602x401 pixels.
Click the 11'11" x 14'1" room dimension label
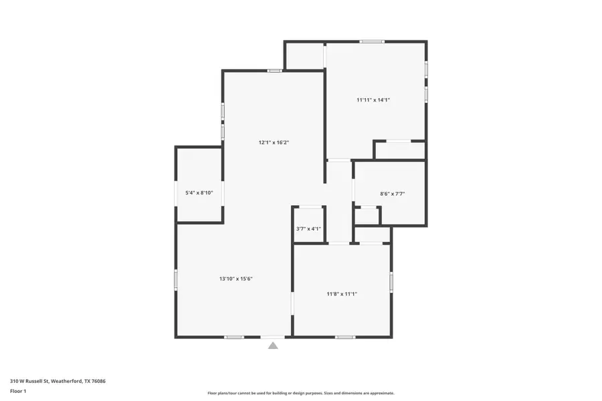pyautogui.click(x=373, y=100)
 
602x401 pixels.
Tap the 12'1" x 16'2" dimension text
pyautogui.click(x=274, y=142)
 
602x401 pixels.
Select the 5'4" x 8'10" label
pyautogui.click(x=199, y=193)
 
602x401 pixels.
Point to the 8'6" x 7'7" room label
pyautogui.click(x=392, y=194)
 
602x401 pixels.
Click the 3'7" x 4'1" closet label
pyautogui.click(x=308, y=229)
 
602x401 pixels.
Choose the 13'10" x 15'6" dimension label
pyautogui.click(x=236, y=279)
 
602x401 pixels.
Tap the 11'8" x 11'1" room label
pyautogui.click(x=342, y=293)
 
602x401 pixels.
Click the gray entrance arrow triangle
pyautogui.click(x=273, y=346)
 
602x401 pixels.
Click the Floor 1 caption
pyautogui.click(x=18, y=390)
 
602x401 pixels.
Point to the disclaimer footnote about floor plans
pyautogui.click(x=301, y=393)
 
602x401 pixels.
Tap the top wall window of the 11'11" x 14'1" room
pyautogui.click(x=372, y=42)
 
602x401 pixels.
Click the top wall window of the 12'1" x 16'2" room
pyautogui.click(x=274, y=70)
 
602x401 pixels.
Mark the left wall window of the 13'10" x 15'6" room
pyautogui.click(x=176, y=279)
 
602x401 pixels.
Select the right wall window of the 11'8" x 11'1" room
pyautogui.click(x=391, y=282)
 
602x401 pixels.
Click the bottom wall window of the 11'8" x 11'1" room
pyautogui.click(x=344, y=337)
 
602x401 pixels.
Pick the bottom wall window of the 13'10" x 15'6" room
pyautogui.click(x=233, y=337)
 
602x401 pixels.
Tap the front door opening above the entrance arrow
pyautogui.click(x=273, y=337)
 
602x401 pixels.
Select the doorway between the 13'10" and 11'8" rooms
pyautogui.click(x=292, y=303)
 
